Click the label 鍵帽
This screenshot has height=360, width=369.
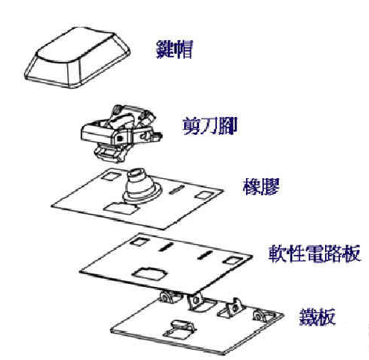174,49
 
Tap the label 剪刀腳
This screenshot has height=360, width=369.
210,126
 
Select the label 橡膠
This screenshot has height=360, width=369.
261,186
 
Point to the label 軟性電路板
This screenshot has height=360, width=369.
315,253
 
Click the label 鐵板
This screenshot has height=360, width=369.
318,317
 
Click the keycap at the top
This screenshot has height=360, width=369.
77,57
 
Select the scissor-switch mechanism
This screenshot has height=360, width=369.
122,133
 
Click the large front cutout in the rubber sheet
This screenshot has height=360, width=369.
121,208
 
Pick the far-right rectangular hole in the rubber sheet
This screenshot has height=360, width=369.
204,195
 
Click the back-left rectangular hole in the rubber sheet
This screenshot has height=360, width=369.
111,176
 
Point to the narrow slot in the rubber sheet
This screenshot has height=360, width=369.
177,189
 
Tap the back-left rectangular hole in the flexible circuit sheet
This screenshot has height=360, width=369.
140,241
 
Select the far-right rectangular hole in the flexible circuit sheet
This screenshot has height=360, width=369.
233,260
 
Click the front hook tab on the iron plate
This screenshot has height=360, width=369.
181,328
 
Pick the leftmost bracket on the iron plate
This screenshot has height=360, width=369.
169,297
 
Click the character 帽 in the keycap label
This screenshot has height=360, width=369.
183,49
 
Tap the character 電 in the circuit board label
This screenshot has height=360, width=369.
315,253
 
